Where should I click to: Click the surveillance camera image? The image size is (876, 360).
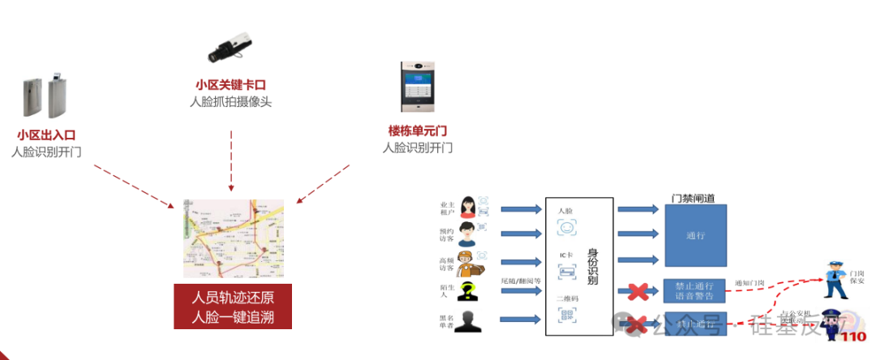click(x=231, y=48)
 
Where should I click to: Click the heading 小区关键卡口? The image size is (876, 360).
click(x=231, y=84)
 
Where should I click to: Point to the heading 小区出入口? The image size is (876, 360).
click(x=46, y=135)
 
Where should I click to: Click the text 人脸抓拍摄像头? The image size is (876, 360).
click(x=231, y=102)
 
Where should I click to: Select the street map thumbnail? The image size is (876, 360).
click(x=234, y=238)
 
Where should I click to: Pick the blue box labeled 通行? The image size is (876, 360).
click(x=695, y=235)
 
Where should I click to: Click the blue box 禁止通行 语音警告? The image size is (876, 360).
click(x=695, y=290)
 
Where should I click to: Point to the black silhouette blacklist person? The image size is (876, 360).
click(x=469, y=322)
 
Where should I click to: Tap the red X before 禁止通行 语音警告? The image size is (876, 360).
click(x=637, y=290)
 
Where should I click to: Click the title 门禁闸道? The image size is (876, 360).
click(x=693, y=198)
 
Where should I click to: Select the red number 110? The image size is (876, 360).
click(x=854, y=337)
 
